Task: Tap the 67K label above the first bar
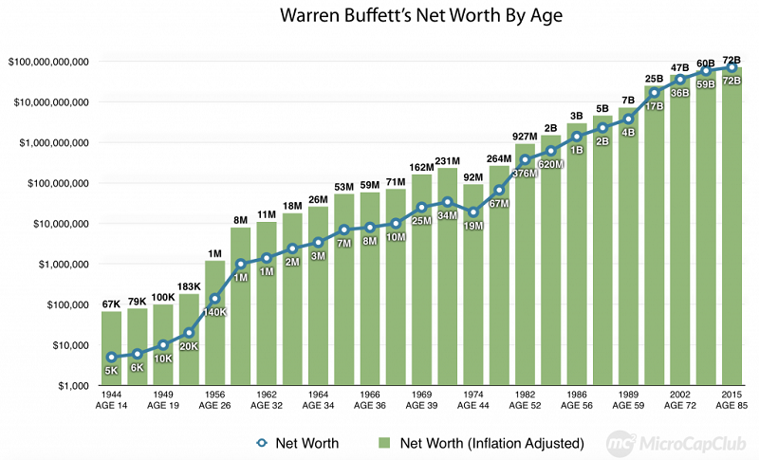(112, 304)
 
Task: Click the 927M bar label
(525, 137)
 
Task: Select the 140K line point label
(214, 311)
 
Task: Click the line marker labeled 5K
(112, 358)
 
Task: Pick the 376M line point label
(525, 173)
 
